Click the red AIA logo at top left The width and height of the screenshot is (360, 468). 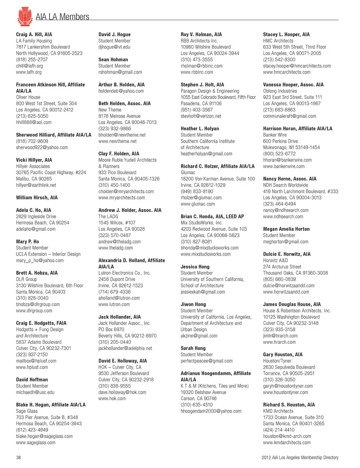[x=25, y=16]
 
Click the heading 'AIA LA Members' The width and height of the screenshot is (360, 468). [x=62, y=17]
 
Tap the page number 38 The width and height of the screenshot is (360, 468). [x=18, y=457]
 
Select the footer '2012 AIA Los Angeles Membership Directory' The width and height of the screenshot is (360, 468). [x=300, y=457]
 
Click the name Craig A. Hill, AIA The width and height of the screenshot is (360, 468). [x=34, y=35]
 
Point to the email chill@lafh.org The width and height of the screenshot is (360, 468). [x=29, y=66]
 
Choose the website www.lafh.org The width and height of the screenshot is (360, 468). [x=29, y=72]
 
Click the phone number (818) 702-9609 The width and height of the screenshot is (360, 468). [x=32, y=141]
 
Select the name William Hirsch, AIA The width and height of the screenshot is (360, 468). [x=37, y=197]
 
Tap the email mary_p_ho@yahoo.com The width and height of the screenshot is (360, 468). [x=40, y=260]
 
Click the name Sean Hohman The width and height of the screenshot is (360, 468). [x=113, y=60]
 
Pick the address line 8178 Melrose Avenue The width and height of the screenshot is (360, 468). [x=119, y=116]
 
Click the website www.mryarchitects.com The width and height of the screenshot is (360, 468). [x=121, y=197]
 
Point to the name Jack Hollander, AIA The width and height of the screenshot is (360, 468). [x=120, y=317]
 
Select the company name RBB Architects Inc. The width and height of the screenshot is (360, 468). [x=199, y=41]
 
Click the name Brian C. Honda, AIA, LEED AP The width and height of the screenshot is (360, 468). [x=212, y=217]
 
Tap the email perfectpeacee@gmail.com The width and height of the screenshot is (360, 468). [x=207, y=361]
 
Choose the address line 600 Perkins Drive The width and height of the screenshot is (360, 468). [x=280, y=141]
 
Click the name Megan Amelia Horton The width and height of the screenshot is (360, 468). [x=286, y=229]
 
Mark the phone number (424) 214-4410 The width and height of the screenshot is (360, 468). [x=279, y=430]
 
